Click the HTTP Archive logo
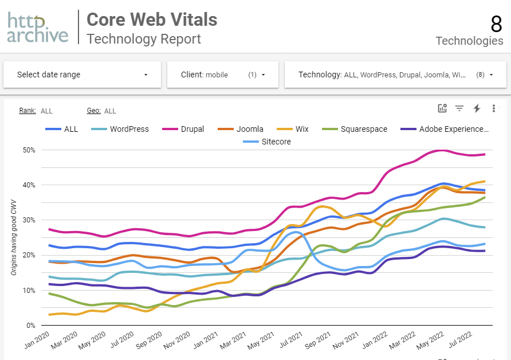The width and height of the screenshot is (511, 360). pos(38,28)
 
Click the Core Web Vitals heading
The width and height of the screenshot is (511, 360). pos(152,19)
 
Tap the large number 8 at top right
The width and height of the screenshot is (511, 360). pos(496,24)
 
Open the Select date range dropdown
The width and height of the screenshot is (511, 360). pos(82,75)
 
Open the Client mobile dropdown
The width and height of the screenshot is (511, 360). pos(222,75)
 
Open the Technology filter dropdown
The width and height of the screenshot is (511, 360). pos(390,75)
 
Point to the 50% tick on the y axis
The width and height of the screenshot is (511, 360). pos(28,150)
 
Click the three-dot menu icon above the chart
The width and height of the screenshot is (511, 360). pos(494,108)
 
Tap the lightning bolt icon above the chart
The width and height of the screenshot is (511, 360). pos(477,108)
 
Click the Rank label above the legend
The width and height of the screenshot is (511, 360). pos(27,111)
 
